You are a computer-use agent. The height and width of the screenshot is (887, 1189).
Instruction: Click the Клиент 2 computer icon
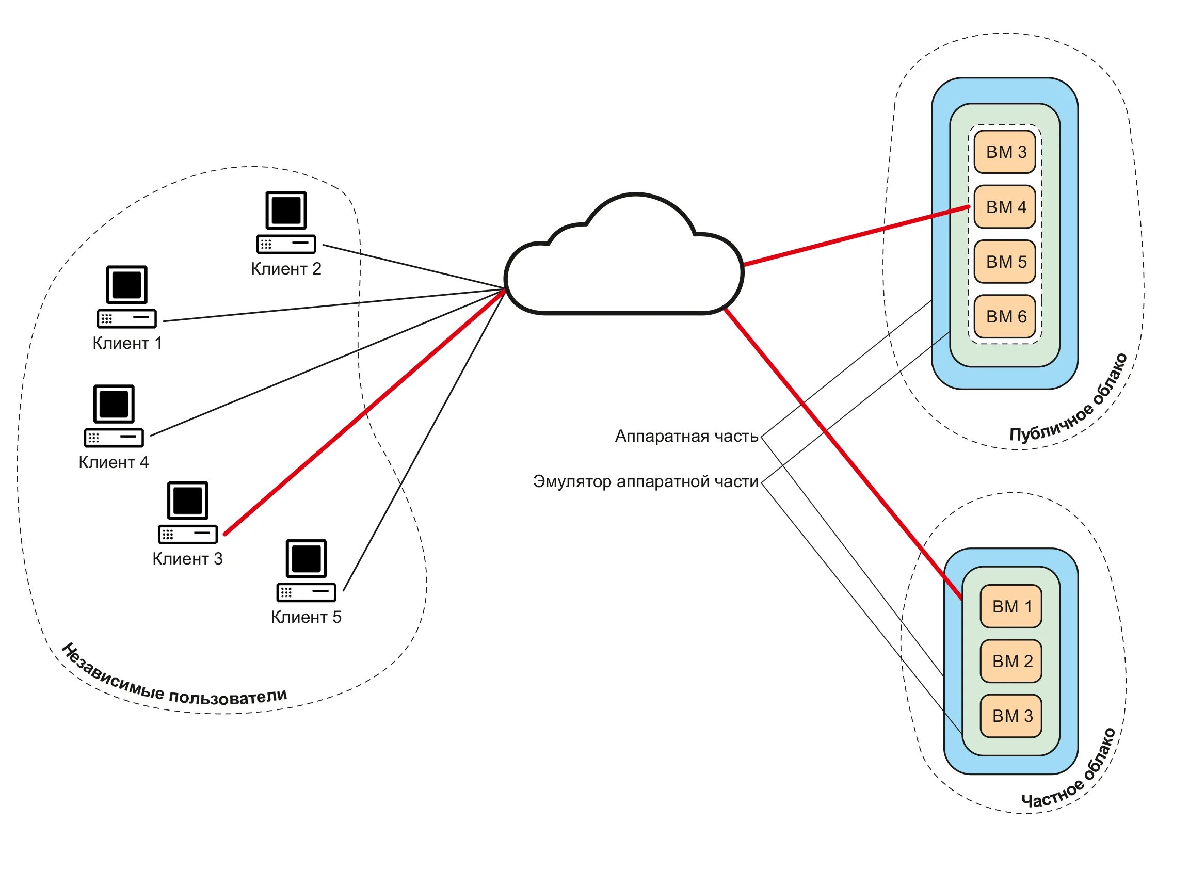pos(286,222)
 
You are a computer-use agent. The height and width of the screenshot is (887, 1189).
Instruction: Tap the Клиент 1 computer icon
pos(127,296)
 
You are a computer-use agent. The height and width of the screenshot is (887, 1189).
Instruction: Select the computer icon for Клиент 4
pos(114,415)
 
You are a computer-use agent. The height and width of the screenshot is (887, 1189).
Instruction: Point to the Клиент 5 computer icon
pos(306,570)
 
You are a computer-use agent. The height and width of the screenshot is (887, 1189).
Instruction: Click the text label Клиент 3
pos(187,559)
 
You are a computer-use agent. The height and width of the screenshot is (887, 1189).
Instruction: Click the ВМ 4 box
pos(1004,207)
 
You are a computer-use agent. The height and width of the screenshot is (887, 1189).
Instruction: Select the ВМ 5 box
pos(1004,262)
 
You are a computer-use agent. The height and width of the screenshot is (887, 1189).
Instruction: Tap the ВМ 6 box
pos(1004,317)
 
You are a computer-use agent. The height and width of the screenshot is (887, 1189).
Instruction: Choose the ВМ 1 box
pos(1011,606)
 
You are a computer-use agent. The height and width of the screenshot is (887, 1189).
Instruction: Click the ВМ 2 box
pos(1011,661)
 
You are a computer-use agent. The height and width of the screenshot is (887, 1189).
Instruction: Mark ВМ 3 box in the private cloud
pos(1011,716)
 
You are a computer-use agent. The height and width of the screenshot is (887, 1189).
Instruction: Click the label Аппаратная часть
pos(686,436)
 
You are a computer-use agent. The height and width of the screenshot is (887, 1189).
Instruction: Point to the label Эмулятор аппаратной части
pos(645,481)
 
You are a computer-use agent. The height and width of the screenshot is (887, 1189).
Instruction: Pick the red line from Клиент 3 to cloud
pos(365,411)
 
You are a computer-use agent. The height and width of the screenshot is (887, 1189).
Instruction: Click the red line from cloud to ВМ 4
pos(854,236)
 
